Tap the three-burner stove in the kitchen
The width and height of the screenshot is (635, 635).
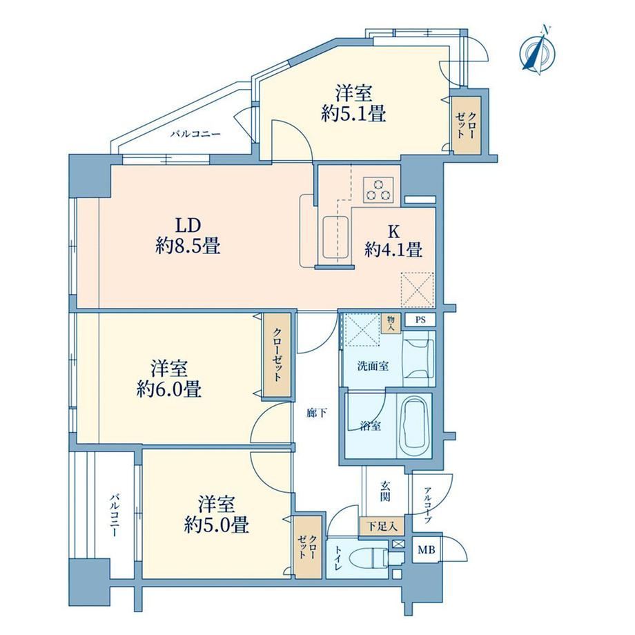[378, 190]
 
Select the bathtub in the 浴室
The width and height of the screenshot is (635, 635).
[414, 426]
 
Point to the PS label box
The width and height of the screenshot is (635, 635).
[421, 320]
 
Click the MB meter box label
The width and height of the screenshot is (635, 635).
[427, 550]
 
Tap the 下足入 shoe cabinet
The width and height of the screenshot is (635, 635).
[382, 527]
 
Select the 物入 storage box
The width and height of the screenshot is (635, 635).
[391, 323]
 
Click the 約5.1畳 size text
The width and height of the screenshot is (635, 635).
[353, 114]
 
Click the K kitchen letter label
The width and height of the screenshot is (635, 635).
[393, 232]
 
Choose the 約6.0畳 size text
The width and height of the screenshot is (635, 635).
[169, 389]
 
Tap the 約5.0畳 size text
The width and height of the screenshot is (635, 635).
[216, 525]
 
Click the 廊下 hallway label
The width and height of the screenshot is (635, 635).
[317, 413]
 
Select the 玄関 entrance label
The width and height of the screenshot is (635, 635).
[386, 491]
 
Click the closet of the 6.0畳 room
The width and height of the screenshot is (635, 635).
[277, 355]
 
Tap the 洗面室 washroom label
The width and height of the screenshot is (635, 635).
[373, 367]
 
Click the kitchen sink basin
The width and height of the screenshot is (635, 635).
[336, 237]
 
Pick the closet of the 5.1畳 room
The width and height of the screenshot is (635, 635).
[467, 125]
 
